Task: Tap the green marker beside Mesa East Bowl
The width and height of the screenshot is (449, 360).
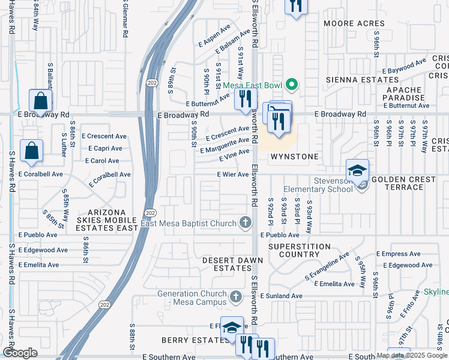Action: coord(292,85)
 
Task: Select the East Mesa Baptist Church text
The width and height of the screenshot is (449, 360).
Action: coord(188,224)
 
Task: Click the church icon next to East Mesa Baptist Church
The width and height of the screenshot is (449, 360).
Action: coord(245,224)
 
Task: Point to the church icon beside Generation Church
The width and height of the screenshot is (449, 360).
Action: coord(236,296)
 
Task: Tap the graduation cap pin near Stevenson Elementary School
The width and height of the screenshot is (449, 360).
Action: coord(357,170)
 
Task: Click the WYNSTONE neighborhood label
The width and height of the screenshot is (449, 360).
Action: coord(294,156)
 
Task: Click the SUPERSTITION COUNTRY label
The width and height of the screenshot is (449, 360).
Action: coord(299,251)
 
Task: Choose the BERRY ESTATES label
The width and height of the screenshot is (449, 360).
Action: coord(190,340)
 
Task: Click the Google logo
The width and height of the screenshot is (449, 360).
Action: coord(20,352)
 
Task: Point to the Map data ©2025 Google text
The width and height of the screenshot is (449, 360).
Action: coord(412,355)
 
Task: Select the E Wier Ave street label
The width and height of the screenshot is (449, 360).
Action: coord(233,175)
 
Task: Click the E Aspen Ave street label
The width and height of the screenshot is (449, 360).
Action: coord(214,36)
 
